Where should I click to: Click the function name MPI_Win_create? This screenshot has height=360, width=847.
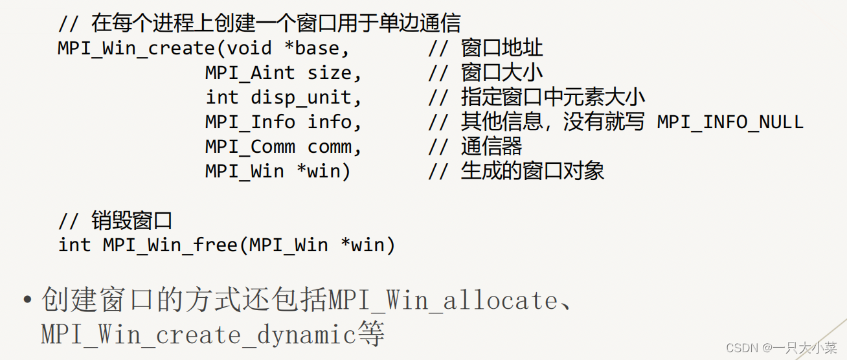[136, 49]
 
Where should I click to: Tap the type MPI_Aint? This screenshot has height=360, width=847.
[250, 74]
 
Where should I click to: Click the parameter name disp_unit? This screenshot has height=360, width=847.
[306, 98]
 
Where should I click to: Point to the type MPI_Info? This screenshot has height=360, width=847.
[250, 122]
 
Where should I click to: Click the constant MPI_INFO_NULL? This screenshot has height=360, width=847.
[730, 122]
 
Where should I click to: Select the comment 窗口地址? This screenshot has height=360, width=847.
[502, 49]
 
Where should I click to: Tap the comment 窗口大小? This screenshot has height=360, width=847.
[502, 73]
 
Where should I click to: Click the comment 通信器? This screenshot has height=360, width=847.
[491, 146]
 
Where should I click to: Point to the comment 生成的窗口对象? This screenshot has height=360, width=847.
[532, 171]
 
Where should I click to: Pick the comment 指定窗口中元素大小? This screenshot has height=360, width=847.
[553, 98]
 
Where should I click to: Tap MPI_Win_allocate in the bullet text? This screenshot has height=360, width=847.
[442, 301]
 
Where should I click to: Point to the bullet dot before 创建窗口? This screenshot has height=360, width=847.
[27, 302]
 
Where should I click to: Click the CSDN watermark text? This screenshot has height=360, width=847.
[781, 348]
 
